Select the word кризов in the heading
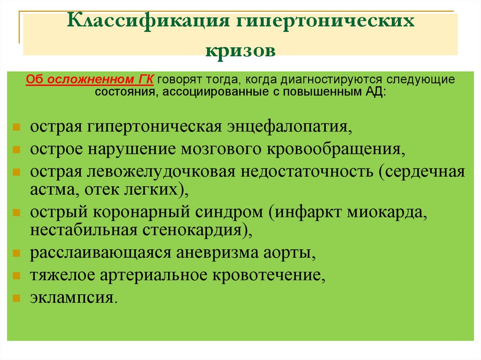[x=240, y=49]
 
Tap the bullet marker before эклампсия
[x=16, y=298]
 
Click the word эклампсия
[x=72, y=298]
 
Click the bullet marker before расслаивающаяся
[x=16, y=253]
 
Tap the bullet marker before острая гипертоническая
[x=16, y=127]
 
